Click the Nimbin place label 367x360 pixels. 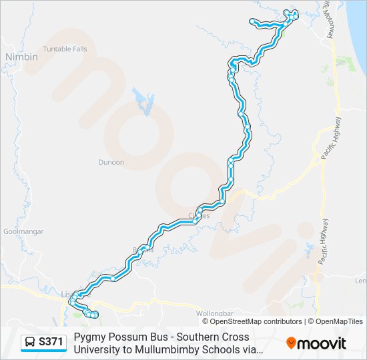click(x=21, y=57)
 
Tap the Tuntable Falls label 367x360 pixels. click(x=65, y=49)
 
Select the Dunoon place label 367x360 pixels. click(x=111, y=162)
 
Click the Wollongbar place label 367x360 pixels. click(x=213, y=313)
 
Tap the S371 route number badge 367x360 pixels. click(x=51, y=342)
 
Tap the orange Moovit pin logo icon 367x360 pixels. click(x=291, y=343)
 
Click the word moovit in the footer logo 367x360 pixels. click(x=322, y=343)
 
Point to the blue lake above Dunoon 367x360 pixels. click(x=144, y=101)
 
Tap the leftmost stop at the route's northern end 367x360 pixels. click(x=252, y=22)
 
